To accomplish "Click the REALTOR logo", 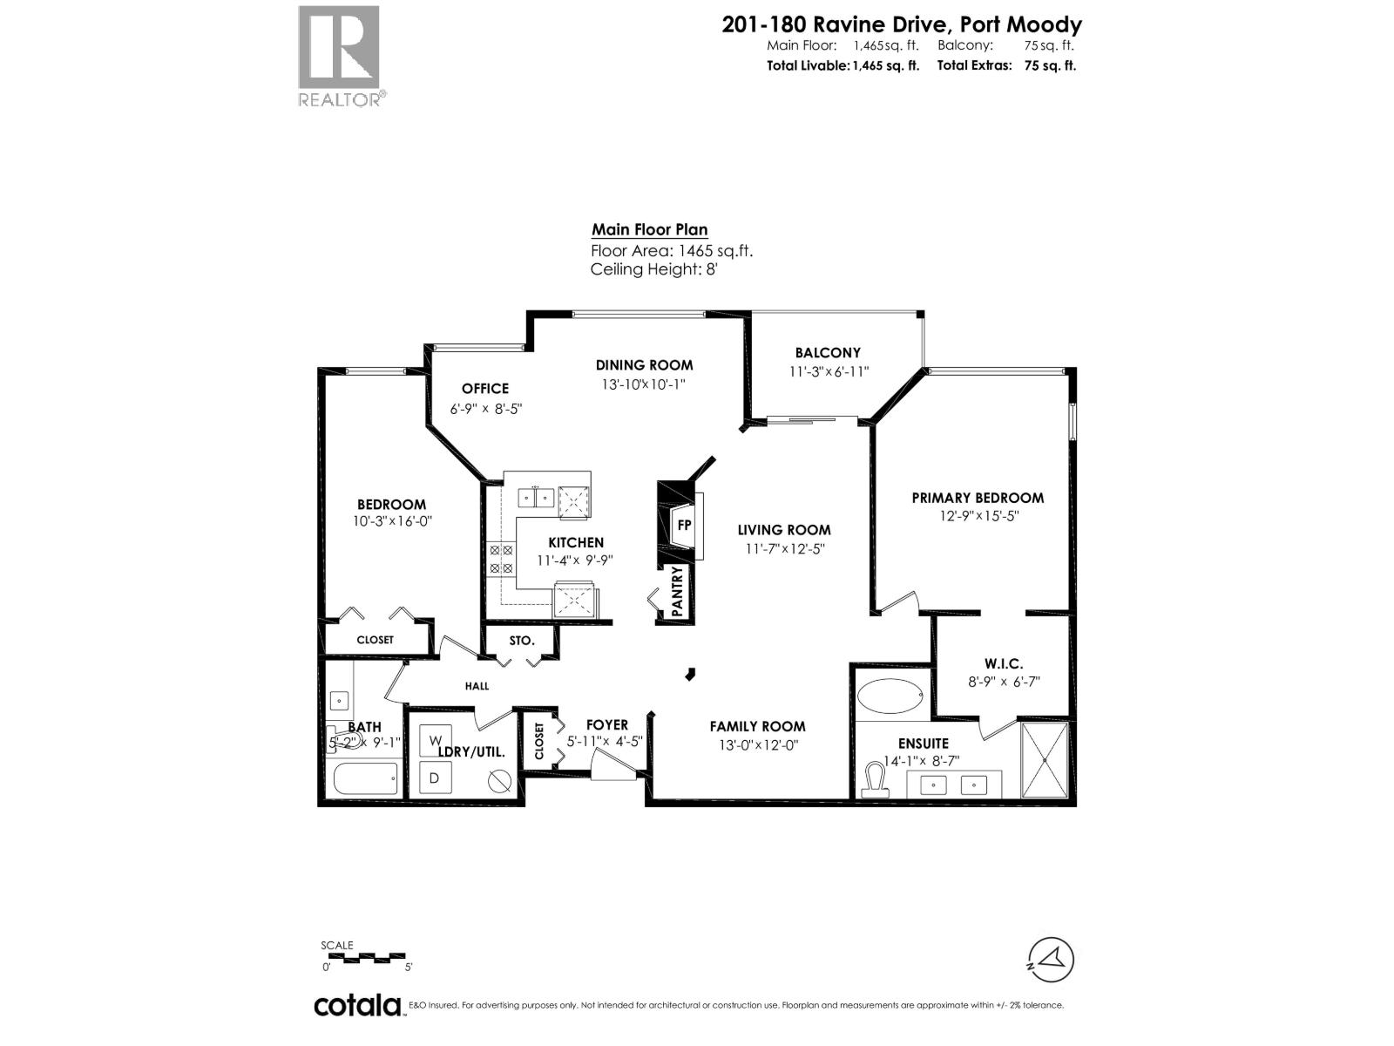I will pos(340,55).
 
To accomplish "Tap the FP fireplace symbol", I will pos(684,525).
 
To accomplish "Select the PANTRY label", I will pos(677,592).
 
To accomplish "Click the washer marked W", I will pos(435,741).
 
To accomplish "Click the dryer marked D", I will pos(435,777).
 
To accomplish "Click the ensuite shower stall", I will pos(1044,759).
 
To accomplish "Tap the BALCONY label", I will pos(827,353).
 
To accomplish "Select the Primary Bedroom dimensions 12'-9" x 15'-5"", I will pos(978,516).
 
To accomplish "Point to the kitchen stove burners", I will pos(501,559).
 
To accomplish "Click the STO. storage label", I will pos(521,641).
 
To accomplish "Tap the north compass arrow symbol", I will pos(1052,960).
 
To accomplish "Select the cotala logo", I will pos(357,1005).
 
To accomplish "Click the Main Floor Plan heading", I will pos(649,230).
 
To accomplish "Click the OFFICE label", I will pos(485,389).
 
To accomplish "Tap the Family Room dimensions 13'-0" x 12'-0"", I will pos(756,745).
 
